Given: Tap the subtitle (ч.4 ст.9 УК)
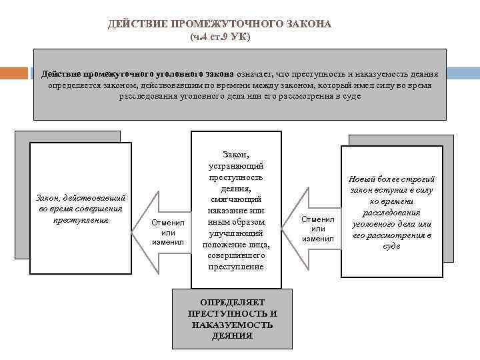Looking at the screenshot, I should click(220, 36).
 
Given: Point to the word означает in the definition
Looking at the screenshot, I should click(256, 74).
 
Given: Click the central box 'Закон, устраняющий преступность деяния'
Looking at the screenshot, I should click(236, 210).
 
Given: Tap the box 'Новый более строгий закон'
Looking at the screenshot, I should click(391, 212).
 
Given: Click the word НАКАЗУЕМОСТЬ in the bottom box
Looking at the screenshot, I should click(232, 325).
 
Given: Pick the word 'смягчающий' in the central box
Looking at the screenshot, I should click(236, 199).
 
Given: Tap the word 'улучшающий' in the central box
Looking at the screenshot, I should click(236, 233).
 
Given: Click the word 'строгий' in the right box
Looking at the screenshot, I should click(418, 179).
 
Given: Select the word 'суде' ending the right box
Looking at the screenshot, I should click(392, 246).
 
